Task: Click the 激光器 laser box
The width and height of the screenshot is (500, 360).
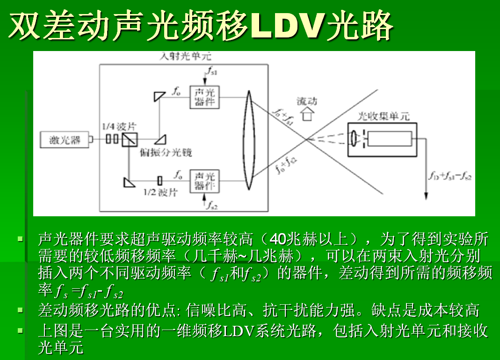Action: (x=65, y=140)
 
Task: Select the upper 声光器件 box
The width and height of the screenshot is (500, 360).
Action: (x=204, y=97)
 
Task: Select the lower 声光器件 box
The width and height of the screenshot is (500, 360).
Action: (x=204, y=181)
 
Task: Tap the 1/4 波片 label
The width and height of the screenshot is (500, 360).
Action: (x=119, y=126)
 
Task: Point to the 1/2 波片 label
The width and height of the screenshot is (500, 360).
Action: (x=160, y=192)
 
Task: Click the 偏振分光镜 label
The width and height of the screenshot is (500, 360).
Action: (x=166, y=152)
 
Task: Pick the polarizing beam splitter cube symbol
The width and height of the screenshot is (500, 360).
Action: (x=130, y=140)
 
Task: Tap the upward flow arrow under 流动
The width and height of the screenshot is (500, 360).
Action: (x=307, y=114)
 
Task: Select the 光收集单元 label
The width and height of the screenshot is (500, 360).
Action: (x=383, y=116)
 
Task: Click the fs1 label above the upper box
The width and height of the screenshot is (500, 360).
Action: (x=212, y=71)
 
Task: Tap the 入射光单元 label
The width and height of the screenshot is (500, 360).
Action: (x=185, y=57)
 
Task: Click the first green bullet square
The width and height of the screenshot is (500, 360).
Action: (x=21, y=238)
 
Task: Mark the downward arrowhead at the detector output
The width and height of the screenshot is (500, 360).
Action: (x=426, y=196)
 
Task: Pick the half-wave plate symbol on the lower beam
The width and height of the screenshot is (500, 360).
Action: (x=160, y=181)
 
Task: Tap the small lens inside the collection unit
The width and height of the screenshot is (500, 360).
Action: (x=354, y=139)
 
